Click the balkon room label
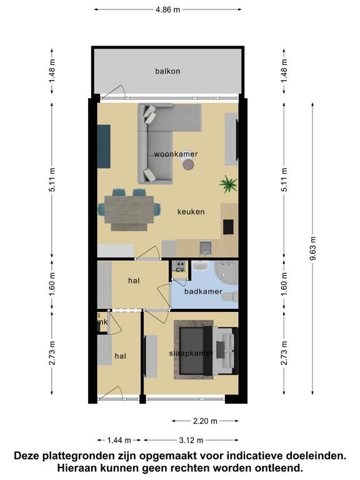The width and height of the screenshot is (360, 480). point(167,71)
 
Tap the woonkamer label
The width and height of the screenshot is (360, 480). point(176,154)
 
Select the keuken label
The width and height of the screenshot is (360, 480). point(191,211)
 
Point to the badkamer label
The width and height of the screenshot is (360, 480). point(203,291)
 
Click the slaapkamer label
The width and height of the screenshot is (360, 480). point(191,353)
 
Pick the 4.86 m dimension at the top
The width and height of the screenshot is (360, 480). point(167,9)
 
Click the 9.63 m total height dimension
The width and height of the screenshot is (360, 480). point(312,248)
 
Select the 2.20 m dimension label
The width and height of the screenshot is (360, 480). point(205,421)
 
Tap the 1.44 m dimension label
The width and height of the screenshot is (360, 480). point(119,441)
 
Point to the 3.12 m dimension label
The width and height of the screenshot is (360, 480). point(191,441)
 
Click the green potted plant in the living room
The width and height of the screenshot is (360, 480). point(228,184)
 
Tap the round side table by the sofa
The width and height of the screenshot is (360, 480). point(188,165)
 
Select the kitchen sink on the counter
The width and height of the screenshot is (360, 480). point(205,248)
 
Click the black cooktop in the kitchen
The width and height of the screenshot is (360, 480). point(228,227)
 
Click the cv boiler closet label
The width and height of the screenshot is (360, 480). point(180,270)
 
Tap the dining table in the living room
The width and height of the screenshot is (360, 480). point(129,210)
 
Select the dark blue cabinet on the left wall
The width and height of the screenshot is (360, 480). point(104,146)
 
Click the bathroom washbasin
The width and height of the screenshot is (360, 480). point(200,266)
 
